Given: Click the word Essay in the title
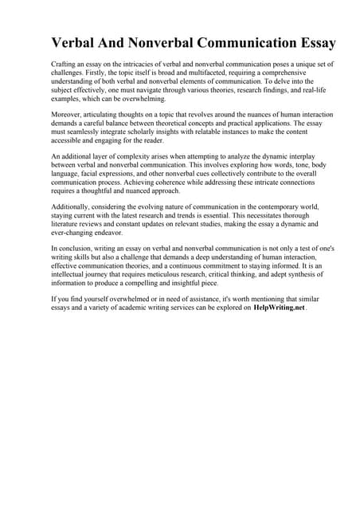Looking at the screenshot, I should click(311, 43).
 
